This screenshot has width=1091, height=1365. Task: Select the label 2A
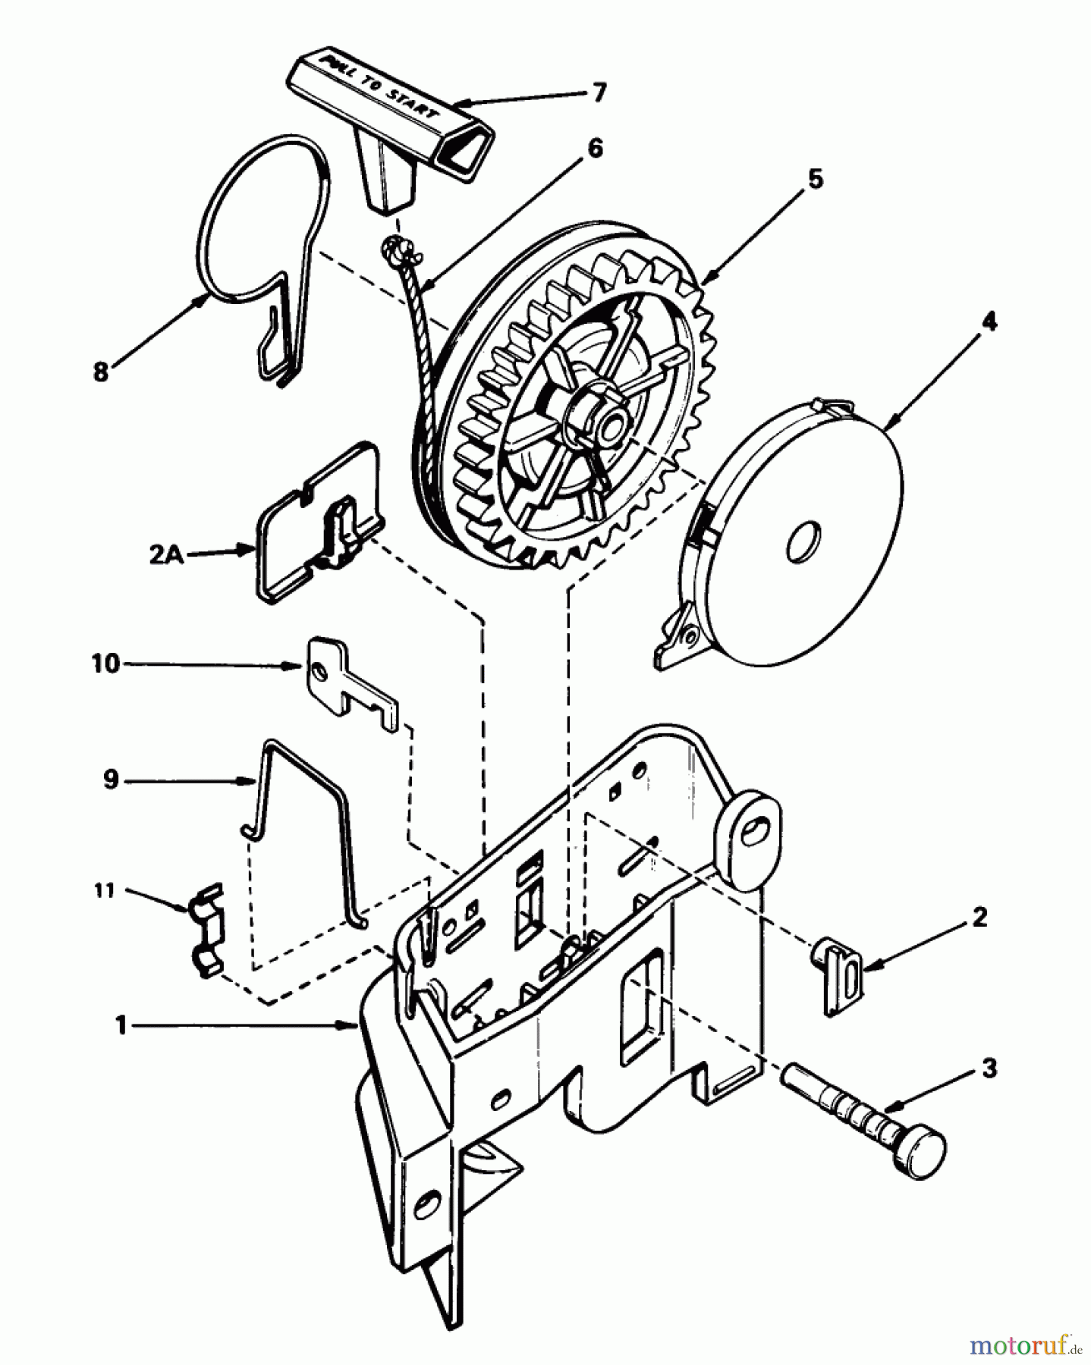click(x=166, y=554)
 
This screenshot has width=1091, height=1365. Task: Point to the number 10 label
click(x=106, y=664)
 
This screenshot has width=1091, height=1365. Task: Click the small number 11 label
click(x=104, y=890)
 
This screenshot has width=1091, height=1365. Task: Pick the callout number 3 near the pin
click(x=989, y=1068)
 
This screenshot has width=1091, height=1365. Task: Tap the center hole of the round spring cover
click(x=803, y=542)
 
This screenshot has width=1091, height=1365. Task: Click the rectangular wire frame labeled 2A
click(x=319, y=523)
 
